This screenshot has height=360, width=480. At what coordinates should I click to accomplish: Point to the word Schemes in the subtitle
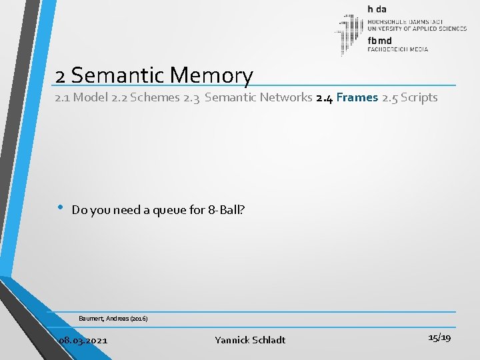(x=156, y=98)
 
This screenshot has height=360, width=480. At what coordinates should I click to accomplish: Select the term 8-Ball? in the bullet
(x=226, y=210)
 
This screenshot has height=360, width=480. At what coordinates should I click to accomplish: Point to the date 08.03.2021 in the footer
(x=83, y=340)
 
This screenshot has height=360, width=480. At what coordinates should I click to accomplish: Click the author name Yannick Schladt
(x=250, y=340)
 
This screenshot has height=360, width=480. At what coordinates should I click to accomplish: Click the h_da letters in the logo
(x=378, y=9)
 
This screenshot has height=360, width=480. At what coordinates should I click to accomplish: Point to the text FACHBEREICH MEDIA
(x=398, y=49)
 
